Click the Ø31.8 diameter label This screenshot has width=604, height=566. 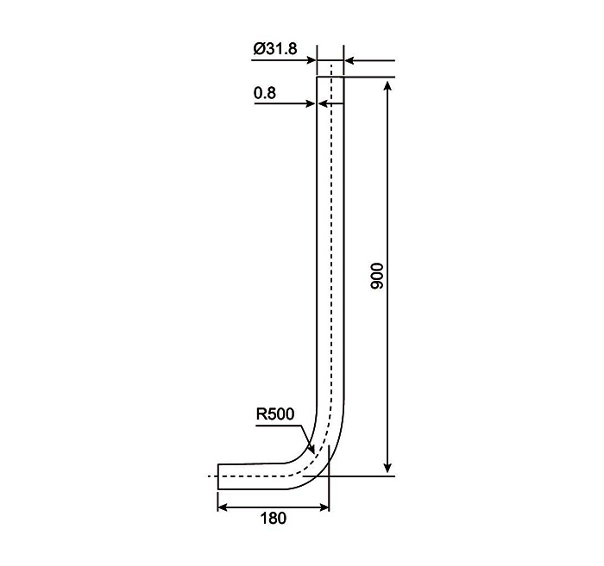pos(275,49)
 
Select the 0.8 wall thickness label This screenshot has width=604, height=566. pos(265,93)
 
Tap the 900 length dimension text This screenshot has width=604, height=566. pos(377,276)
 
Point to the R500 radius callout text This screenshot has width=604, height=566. pos(275,414)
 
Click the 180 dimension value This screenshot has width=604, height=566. pos(274,518)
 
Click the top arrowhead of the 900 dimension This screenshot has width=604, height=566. pos(388,85)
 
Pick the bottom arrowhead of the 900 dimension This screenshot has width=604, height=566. pos(388,468)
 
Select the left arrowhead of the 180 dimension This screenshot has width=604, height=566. pos(223,507)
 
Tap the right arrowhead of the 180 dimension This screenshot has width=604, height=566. pos(324,507)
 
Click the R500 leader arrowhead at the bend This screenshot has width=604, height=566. pos(312,449)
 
